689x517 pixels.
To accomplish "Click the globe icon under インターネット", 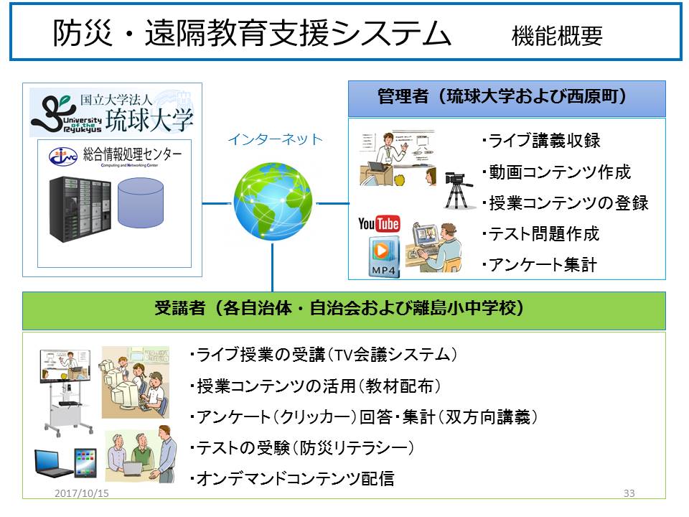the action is [x=273, y=201].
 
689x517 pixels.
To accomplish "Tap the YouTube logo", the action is [x=379, y=223].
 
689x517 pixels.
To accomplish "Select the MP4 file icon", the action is [x=383, y=257].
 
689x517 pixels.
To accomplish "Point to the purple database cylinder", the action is [x=141, y=202].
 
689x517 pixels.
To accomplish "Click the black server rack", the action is [x=80, y=209].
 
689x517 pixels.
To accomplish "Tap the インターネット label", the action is [x=276, y=139].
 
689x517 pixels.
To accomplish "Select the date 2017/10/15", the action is [x=82, y=493].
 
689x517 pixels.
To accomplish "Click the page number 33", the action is [x=629, y=493].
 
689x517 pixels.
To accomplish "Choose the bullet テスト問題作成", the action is [x=541, y=234].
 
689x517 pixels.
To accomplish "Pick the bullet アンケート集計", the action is [x=540, y=265].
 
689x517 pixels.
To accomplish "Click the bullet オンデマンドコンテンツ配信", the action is [x=292, y=478].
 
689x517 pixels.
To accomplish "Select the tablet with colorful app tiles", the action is [x=85, y=463].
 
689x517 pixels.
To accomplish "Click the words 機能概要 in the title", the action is [x=557, y=36].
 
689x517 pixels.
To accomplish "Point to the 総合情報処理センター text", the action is [x=132, y=154].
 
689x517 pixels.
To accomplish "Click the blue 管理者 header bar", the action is [x=507, y=98].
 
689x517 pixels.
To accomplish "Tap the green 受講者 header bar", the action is [x=344, y=311].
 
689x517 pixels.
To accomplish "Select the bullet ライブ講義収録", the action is [x=541, y=141].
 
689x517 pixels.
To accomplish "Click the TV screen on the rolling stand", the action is [x=65, y=366].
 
